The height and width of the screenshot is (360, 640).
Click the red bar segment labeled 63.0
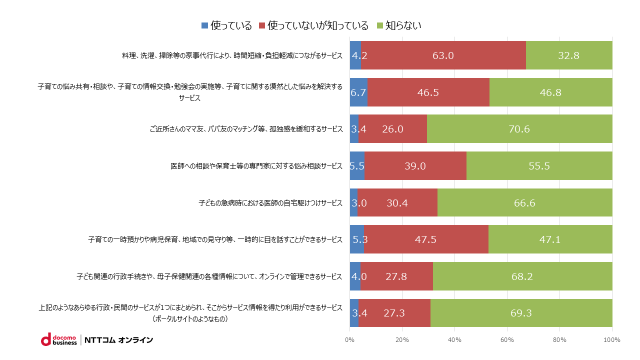(443, 55)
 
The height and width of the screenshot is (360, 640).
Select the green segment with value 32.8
(569, 55)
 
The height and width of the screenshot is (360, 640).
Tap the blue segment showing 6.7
(358, 92)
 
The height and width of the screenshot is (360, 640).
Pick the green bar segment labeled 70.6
(519, 129)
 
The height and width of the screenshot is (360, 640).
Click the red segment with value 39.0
(415, 166)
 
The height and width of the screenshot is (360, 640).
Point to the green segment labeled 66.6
(524, 202)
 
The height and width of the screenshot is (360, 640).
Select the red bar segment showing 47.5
(426, 239)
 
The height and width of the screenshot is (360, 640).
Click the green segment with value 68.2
(522, 276)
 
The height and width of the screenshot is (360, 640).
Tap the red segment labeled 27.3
(394, 313)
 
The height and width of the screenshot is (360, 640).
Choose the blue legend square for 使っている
(204, 25)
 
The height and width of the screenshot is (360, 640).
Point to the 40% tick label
(454, 340)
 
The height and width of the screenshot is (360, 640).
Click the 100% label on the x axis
(612, 340)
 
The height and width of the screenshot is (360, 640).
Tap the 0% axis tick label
(349, 340)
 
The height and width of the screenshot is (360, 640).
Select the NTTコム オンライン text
(119, 340)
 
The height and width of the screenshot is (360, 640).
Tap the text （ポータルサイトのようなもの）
(190, 318)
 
